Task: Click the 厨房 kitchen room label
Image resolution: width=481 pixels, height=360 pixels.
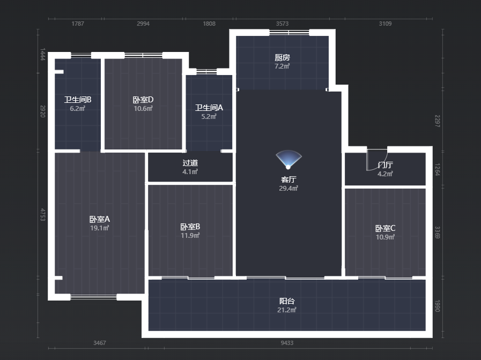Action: pyautogui.click(x=282, y=57)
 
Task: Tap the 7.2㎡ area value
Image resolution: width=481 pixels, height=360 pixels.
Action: pyautogui.click(x=282, y=66)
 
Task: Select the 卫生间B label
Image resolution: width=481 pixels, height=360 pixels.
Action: pyautogui.click(x=78, y=100)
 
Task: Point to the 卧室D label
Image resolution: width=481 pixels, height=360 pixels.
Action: pyautogui.click(x=143, y=100)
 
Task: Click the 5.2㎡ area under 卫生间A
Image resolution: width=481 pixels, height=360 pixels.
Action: pyautogui.click(x=209, y=116)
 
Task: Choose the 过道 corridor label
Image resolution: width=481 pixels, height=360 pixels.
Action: pyautogui.click(x=190, y=163)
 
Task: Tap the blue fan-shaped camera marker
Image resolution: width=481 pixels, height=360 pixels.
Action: pyautogui.click(x=288, y=159)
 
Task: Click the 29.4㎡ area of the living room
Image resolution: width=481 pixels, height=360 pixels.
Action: pyautogui.click(x=288, y=189)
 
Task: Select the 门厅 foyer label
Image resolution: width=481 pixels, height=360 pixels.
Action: pyautogui.click(x=386, y=165)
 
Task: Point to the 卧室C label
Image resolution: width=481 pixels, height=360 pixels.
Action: pyautogui.click(x=386, y=228)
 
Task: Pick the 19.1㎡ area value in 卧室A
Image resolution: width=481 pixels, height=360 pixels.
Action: pyautogui.click(x=100, y=228)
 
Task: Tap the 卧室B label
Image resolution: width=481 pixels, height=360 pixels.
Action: pyautogui.click(x=190, y=227)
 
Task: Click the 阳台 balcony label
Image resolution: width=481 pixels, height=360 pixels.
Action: pyautogui.click(x=287, y=301)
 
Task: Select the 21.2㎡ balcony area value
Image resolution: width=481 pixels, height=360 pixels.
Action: pyautogui.click(x=287, y=310)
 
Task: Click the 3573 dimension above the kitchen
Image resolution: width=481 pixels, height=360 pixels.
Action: pyautogui.click(x=282, y=24)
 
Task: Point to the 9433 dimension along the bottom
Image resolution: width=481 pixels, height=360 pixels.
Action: pyautogui.click(x=287, y=343)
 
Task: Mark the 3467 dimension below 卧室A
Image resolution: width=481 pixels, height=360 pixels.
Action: pyautogui.click(x=100, y=343)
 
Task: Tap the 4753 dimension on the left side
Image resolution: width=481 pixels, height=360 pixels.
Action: pyautogui.click(x=43, y=214)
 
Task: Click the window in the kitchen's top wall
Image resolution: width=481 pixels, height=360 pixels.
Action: pyautogui.click(x=289, y=33)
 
